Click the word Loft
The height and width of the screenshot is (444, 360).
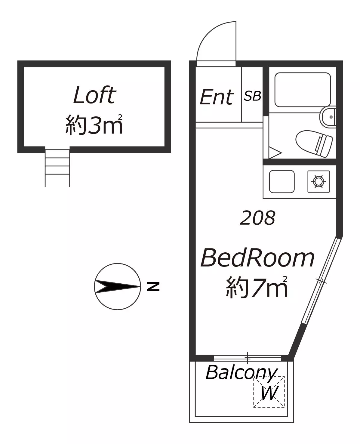94,95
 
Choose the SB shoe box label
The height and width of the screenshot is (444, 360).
252,96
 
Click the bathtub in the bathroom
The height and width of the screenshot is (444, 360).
303,90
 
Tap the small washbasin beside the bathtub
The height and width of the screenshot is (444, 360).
328,117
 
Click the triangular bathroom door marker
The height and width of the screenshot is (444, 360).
275,153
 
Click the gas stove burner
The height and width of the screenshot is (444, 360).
318,181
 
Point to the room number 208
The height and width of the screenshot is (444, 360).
258,217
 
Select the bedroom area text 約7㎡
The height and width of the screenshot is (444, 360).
257,287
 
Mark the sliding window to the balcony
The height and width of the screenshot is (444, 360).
248,358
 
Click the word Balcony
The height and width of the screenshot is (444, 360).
242,373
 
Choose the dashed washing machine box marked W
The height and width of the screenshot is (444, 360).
269,392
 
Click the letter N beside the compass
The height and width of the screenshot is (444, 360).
153,286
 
